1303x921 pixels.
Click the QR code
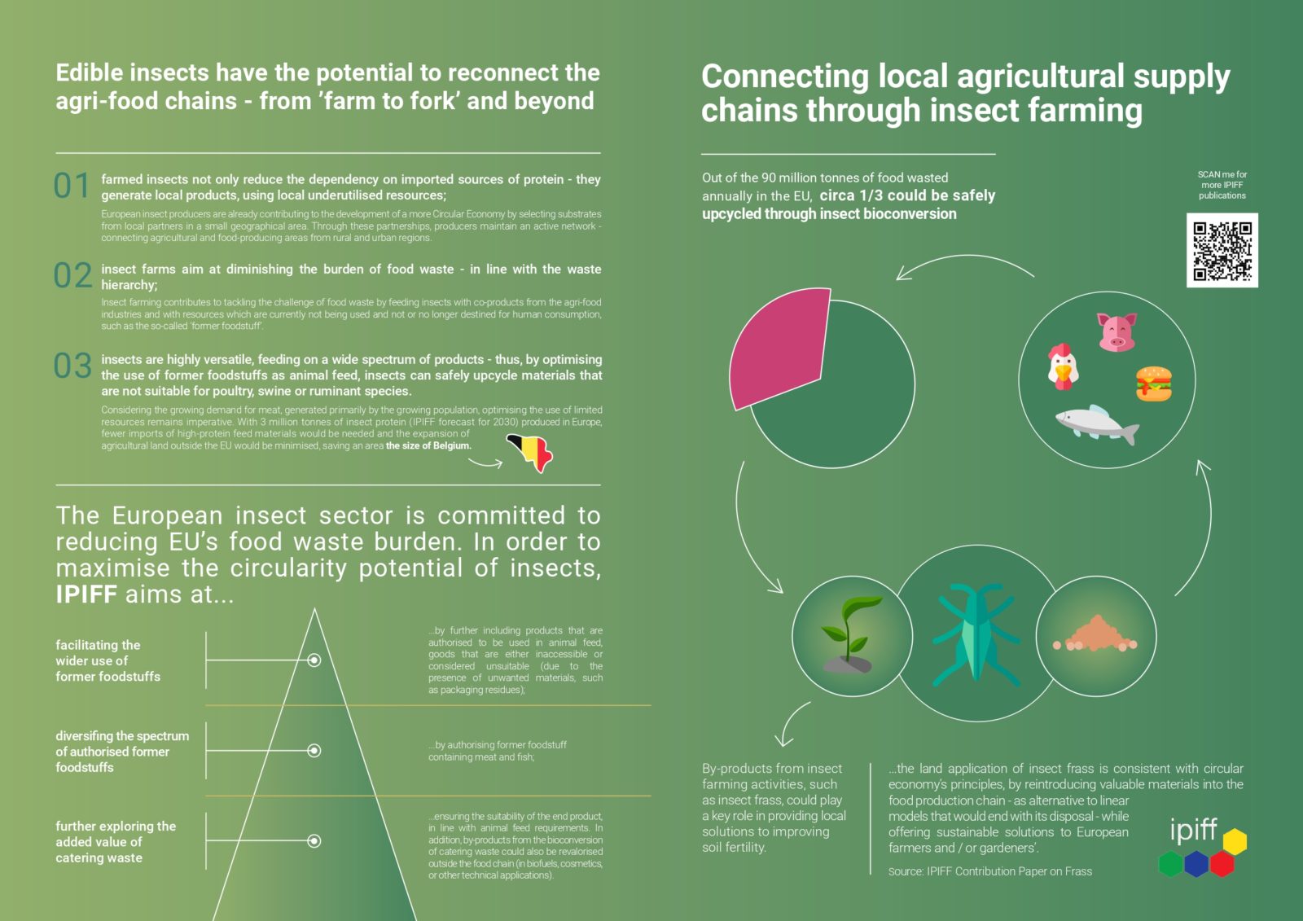coord(1222,250)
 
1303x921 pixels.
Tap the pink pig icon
coord(1117,331)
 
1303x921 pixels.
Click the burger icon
coord(1153,384)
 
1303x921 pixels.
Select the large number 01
coord(72,186)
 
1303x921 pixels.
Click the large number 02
coord(72,275)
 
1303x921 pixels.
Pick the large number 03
coord(72,366)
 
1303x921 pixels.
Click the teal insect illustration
coord(976,634)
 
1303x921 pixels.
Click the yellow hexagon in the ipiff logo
coord(1235,841)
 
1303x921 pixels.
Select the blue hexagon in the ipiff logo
coord(1196,864)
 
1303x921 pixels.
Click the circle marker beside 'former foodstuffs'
coord(314,660)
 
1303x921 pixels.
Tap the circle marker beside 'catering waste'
coord(314,840)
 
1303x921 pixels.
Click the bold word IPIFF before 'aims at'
coord(86,594)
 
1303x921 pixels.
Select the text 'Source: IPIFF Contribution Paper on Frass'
coord(990,871)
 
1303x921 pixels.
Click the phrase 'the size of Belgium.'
coord(428,445)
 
